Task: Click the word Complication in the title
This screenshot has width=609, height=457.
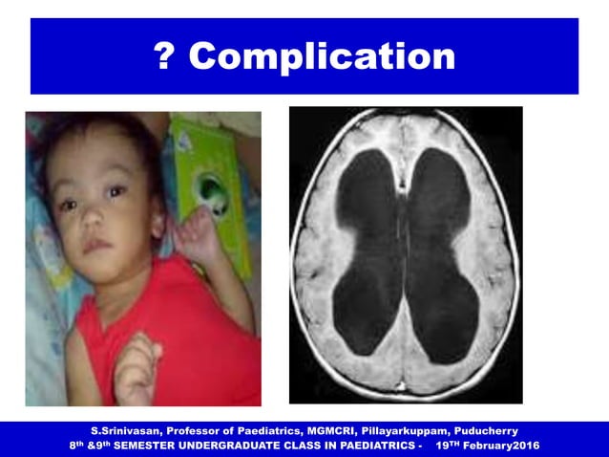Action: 322,56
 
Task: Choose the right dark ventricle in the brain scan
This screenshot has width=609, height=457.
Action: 444,249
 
